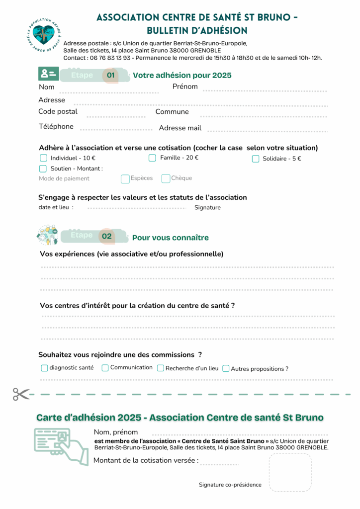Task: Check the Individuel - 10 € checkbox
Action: (x=43, y=158)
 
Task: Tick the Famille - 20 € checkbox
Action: (x=152, y=158)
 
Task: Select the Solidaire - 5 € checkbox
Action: (x=256, y=159)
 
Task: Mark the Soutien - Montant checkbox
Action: (x=43, y=169)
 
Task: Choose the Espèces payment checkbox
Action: (x=125, y=178)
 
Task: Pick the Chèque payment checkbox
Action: (x=166, y=178)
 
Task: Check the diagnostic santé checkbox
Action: (x=45, y=368)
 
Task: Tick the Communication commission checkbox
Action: (x=105, y=368)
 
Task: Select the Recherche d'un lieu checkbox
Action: (x=161, y=368)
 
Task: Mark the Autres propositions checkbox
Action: (x=226, y=369)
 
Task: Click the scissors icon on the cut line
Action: (x=21, y=394)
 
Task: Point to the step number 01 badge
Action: (x=110, y=76)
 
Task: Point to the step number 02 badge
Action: (x=107, y=237)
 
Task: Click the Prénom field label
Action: (x=185, y=86)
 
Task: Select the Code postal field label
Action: (x=58, y=112)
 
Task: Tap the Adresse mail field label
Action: (x=180, y=128)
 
